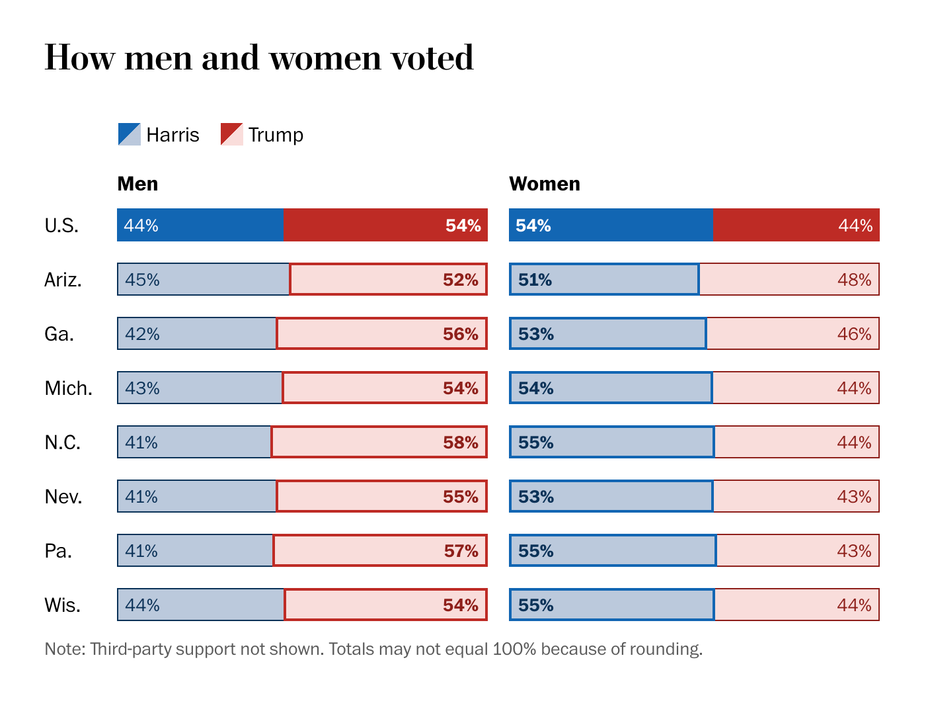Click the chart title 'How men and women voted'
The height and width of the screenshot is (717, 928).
tap(258, 58)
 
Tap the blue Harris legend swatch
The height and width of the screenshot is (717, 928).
tap(129, 134)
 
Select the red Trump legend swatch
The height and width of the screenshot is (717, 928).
tap(231, 134)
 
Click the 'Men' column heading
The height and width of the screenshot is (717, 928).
tap(137, 183)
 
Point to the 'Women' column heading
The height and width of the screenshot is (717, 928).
tap(544, 183)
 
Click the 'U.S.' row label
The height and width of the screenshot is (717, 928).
tap(61, 226)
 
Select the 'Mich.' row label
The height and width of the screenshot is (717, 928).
tap(68, 388)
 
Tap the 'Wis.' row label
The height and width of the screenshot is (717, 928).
tap(62, 605)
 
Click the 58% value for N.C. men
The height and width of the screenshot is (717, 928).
tap(460, 443)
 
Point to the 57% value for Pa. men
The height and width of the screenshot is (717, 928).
tap(460, 551)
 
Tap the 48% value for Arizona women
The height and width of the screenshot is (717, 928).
tap(854, 280)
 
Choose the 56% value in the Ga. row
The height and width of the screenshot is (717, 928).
tap(460, 334)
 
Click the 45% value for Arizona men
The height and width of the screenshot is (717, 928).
tap(142, 280)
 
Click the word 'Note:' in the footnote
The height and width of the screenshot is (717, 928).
tap(65, 649)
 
